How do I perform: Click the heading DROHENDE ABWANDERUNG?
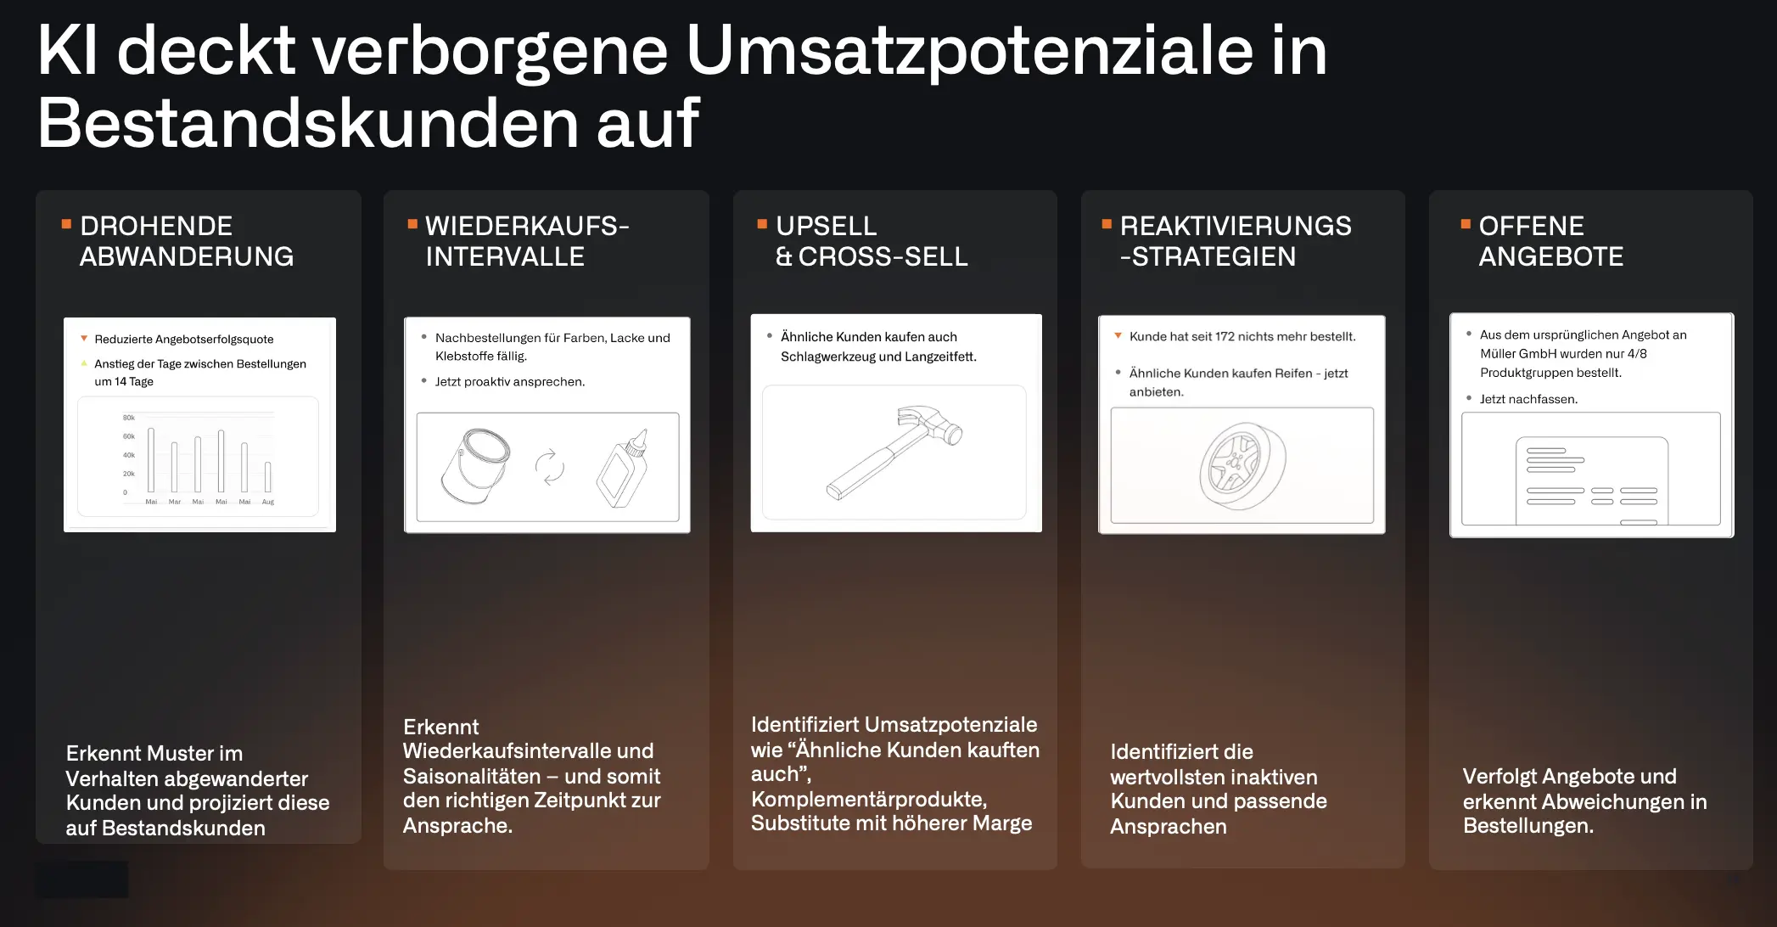pyautogui.click(x=187, y=241)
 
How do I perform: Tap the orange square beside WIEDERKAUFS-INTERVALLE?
pyautogui.click(x=412, y=224)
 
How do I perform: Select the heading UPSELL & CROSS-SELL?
pyautogui.click(x=872, y=241)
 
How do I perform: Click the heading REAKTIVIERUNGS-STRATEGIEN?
pyautogui.click(x=1235, y=241)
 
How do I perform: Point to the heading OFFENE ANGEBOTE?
pyautogui.click(x=1550, y=241)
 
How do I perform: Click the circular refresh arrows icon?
pyautogui.click(x=549, y=466)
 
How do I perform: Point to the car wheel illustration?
pyautogui.click(x=1242, y=466)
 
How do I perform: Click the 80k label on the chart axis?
pyautogui.click(x=129, y=418)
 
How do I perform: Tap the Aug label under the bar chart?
pyautogui.click(x=268, y=502)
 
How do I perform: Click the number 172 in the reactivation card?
pyautogui.click(x=1225, y=337)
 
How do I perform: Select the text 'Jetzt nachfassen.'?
pyautogui.click(x=1528, y=399)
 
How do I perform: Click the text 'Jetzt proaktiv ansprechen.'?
pyautogui.click(x=509, y=382)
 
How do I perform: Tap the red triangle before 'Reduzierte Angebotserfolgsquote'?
pyautogui.click(x=84, y=339)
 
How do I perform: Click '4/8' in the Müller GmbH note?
pyautogui.click(x=1637, y=354)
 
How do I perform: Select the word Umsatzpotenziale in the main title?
pyautogui.click(x=968, y=51)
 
